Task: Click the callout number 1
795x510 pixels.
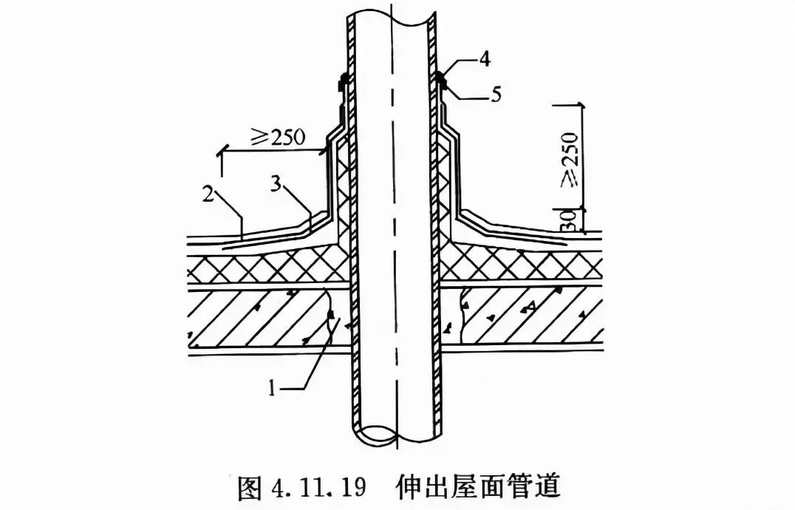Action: pos(273,389)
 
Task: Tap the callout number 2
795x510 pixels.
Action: pos(208,195)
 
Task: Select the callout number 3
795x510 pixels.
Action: pos(276,184)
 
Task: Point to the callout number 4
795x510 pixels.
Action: pos(485,59)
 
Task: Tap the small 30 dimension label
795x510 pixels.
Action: pos(569,221)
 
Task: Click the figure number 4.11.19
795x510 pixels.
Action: pos(318,487)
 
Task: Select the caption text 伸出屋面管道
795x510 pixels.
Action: pos(479,486)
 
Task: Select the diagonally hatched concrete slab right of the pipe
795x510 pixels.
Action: pos(522,315)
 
